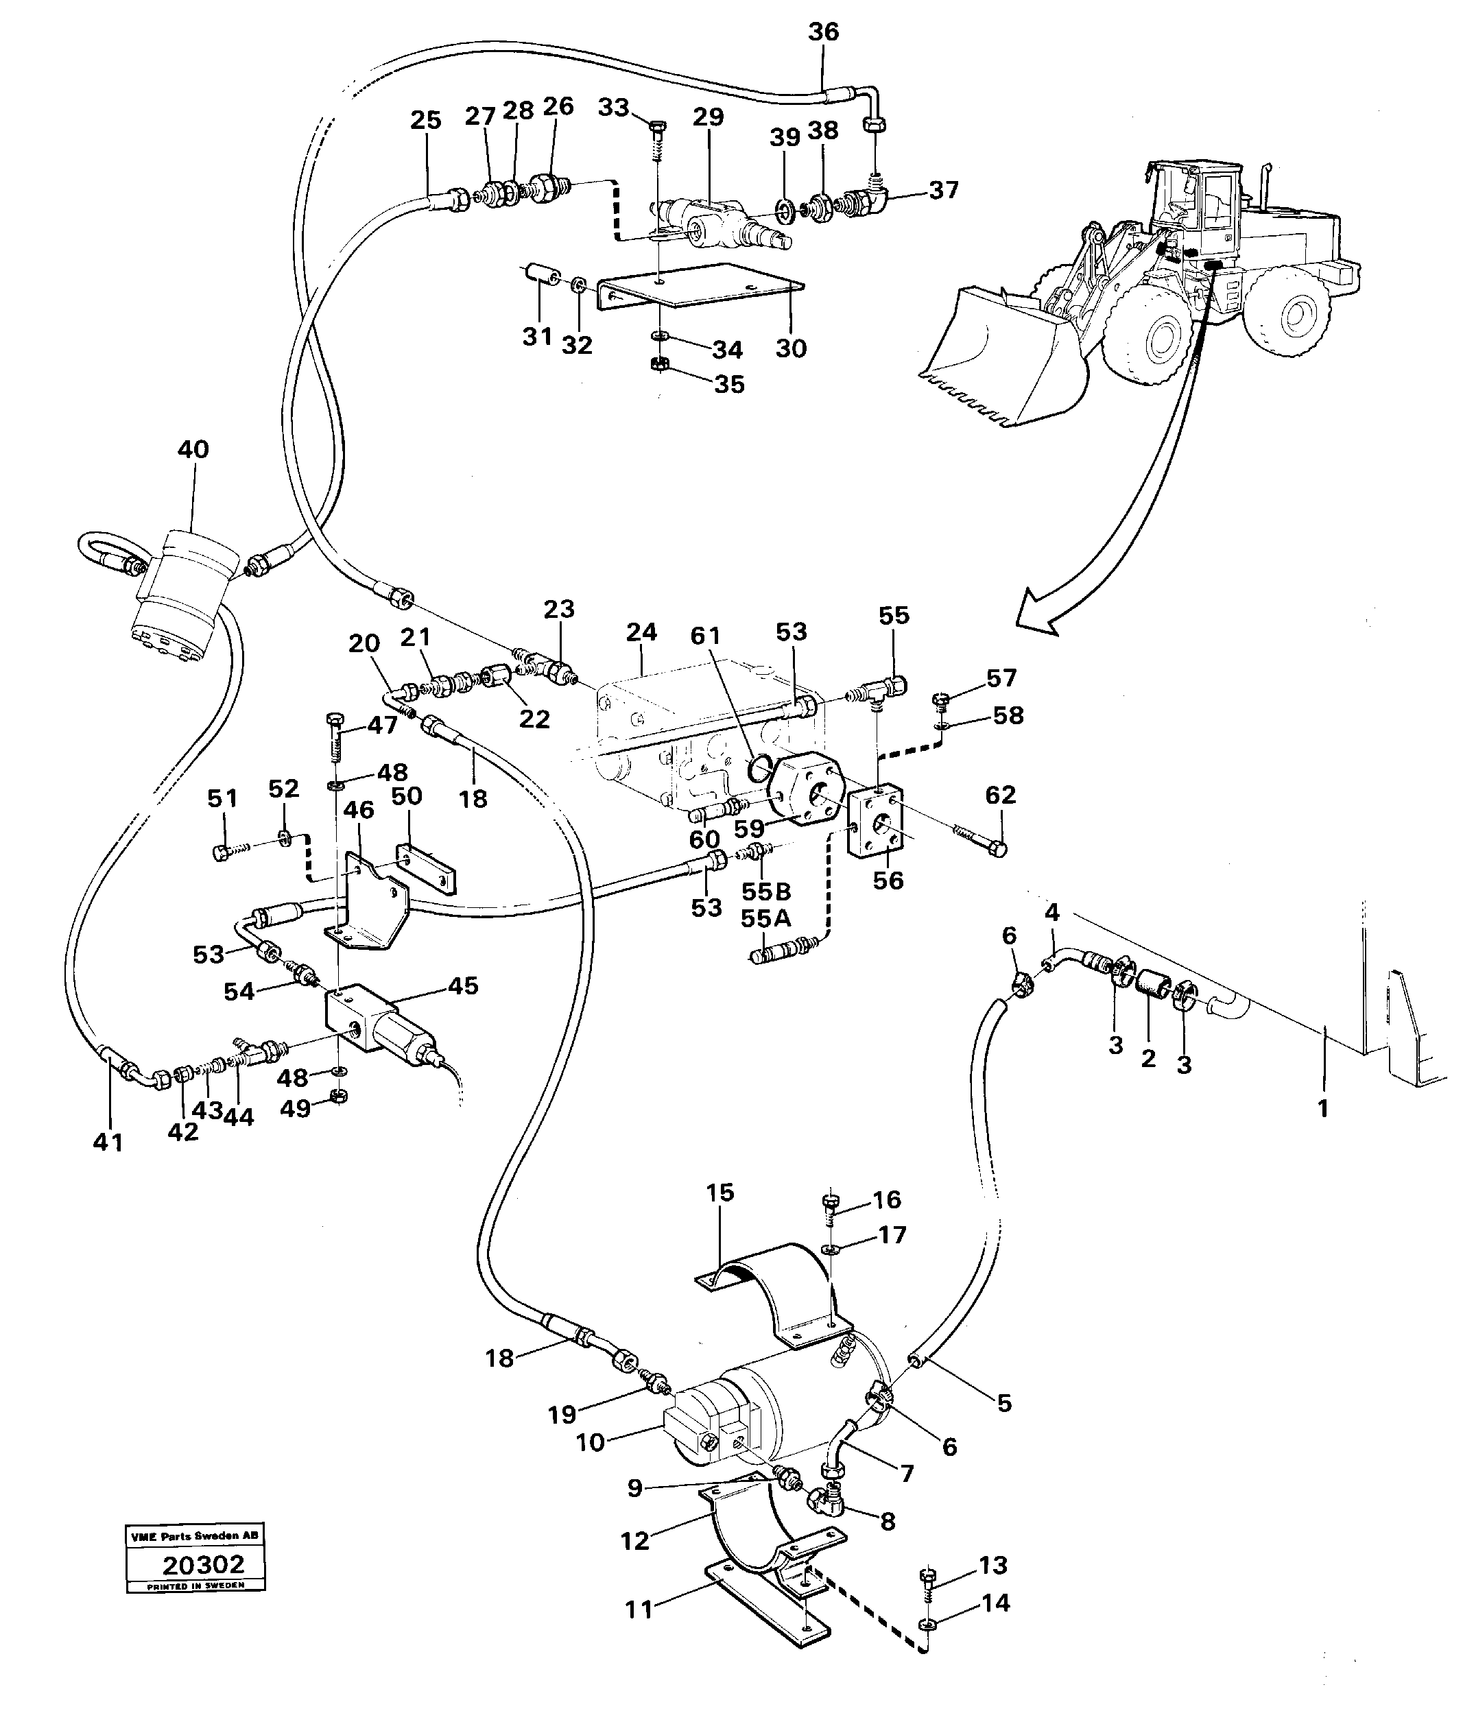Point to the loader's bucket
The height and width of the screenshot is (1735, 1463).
(x=995, y=357)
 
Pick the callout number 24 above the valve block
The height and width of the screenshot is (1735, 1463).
(x=641, y=632)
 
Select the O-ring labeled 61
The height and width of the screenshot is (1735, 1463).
(x=761, y=768)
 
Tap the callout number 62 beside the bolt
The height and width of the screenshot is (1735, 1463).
(x=999, y=795)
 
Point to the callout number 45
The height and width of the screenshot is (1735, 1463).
(x=464, y=985)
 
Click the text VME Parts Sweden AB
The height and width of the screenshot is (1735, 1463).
(x=195, y=1535)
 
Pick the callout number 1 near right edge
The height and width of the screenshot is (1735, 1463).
(x=1323, y=1108)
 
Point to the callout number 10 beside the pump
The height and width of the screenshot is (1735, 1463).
(x=591, y=1442)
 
